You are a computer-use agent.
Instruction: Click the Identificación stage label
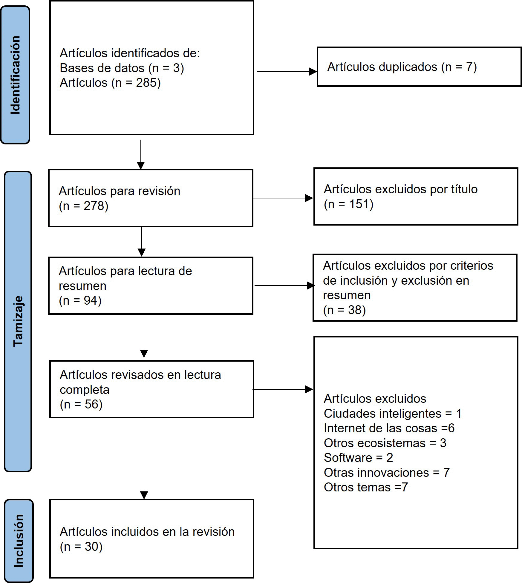[x=15, y=75]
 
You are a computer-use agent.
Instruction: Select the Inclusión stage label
[x=19, y=541]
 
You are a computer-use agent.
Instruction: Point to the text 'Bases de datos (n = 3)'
[x=122, y=68]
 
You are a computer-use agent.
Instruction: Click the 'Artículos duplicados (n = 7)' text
[x=402, y=67]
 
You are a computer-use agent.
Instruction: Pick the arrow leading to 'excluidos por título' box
[x=283, y=198]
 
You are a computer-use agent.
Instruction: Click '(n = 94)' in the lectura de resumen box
[x=80, y=300]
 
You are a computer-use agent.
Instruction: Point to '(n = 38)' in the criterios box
[x=345, y=310]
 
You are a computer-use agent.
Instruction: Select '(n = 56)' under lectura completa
[x=81, y=404]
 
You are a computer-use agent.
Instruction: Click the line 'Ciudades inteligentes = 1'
[x=393, y=414]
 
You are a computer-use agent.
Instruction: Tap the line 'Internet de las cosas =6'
[x=389, y=428]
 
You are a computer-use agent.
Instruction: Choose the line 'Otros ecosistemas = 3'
[x=385, y=443]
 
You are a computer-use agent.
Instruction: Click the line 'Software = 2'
[x=358, y=458]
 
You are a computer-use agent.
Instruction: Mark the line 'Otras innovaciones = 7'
[x=387, y=473]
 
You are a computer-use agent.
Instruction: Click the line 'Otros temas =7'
[x=366, y=487]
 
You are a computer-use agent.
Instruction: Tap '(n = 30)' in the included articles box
[x=81, y=547]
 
